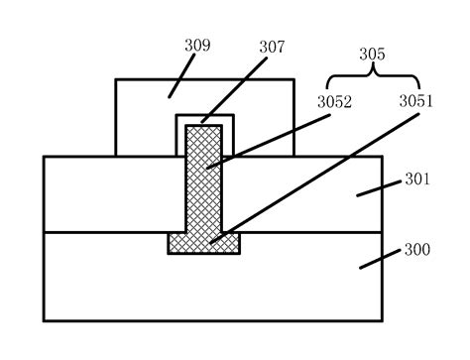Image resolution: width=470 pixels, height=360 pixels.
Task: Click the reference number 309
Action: point(197,46)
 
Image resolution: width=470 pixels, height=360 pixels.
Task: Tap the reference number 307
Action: point(272,47)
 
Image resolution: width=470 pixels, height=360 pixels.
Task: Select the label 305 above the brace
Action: point(372,57)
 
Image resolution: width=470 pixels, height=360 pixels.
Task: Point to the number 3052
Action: point(334,101)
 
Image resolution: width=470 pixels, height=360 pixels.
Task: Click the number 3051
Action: point(416,101)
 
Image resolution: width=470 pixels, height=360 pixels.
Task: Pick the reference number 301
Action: point(415,181)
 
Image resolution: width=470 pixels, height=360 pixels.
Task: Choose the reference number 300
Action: point(416,250)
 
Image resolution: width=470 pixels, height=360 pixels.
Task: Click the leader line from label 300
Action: point(379,257)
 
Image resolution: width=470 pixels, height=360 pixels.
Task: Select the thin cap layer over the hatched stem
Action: point(205,119)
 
